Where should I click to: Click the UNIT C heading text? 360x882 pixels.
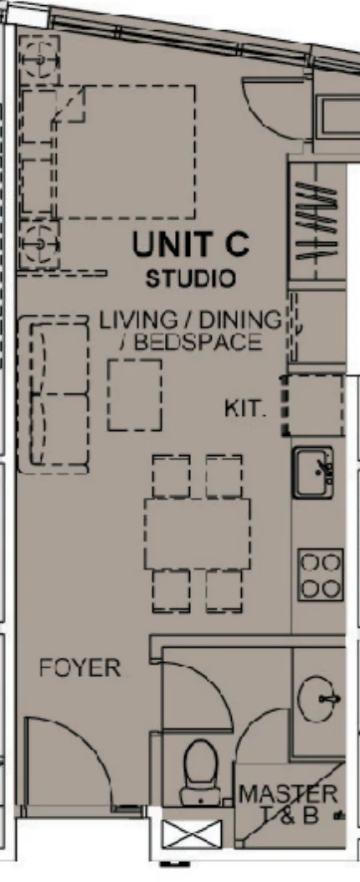pos(190,245)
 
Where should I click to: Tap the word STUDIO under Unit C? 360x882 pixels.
pos(190,278)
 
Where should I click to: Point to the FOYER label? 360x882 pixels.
pos(80,669)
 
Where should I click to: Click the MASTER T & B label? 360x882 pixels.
pos(289,803)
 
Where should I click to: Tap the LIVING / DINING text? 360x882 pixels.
pos(190,320)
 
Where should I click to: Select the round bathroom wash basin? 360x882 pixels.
pos(320,695)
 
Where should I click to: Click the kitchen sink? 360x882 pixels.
pos(315,472)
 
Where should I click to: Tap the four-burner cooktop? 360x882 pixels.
pos(321,574)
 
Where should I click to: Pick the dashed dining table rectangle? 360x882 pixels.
pos(198,534)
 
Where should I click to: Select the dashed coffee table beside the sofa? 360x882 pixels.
pos(134,394)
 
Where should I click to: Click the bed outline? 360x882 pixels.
pos(121,151)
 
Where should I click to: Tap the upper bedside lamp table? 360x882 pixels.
pos(38,59)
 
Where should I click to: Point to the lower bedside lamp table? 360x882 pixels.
pos(39,244)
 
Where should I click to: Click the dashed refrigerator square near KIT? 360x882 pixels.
pos(313,405)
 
